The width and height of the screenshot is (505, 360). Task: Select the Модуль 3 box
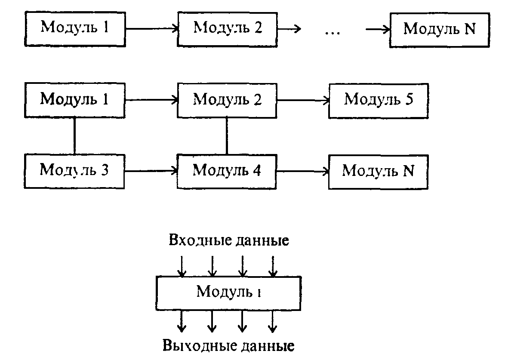coord(74,171)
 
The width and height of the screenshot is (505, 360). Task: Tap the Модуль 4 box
coord(227,171)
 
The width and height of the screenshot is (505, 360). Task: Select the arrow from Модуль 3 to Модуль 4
coord(151,171)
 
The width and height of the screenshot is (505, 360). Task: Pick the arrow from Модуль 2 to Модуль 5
coord(303,101)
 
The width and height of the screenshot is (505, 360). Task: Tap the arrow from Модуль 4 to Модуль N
coord(303,171)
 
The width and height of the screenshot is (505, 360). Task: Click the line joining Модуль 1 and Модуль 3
coord(75,136)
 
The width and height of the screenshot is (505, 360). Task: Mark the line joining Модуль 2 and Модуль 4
coord(227,136)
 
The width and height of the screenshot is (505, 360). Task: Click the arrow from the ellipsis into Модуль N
coord(378,30)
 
